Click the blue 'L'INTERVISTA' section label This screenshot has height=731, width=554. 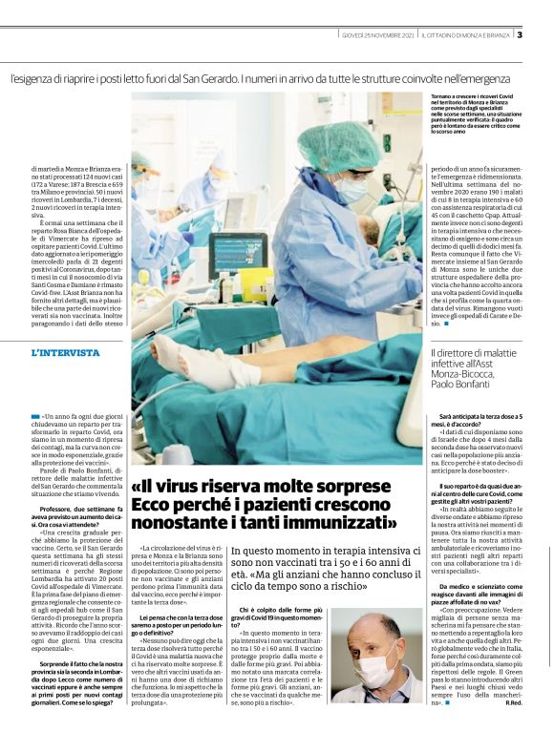coord(65,352)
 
